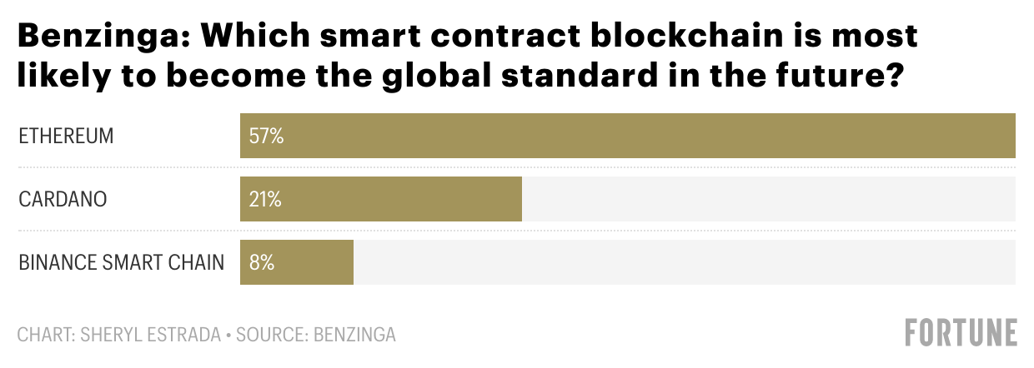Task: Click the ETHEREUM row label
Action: tap(66, 136)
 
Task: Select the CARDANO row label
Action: tap(63, 200)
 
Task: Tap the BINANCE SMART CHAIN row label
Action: tap(122, 263)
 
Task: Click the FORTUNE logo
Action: tap(961, 332)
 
